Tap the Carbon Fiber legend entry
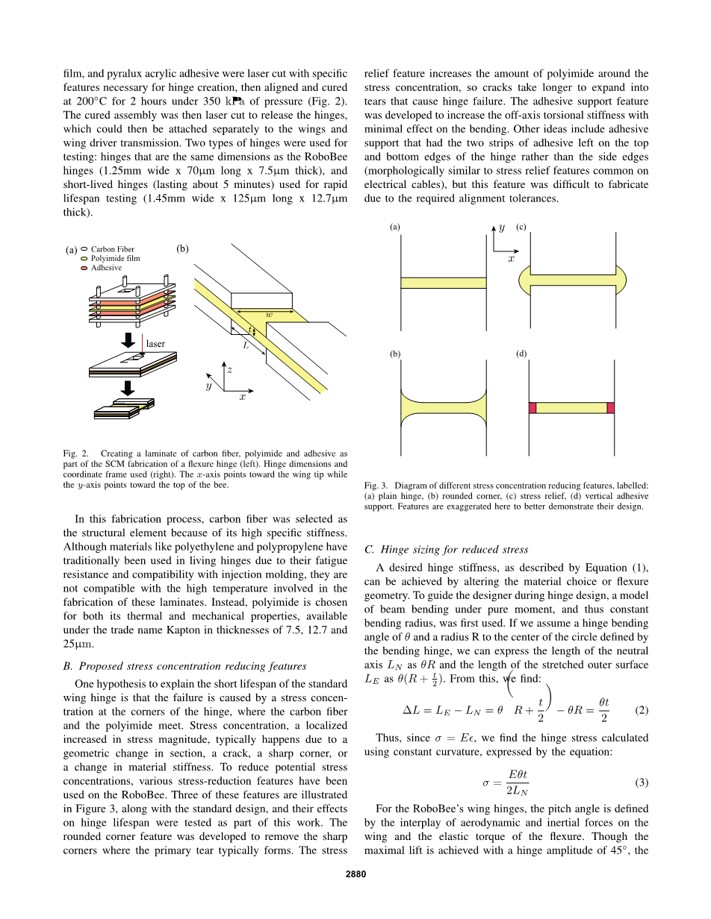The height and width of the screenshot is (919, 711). (x=112, y=249)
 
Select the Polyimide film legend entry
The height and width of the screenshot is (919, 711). (x=115, y=258)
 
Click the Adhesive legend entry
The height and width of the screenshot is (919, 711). (x=106, y=267)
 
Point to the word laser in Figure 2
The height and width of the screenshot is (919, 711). (x=155, y=344)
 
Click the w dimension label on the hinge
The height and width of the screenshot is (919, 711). (x=269, y=315)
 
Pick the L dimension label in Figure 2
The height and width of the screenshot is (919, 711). (x=244, y=346)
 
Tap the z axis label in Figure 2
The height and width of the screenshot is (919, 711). (x=229, y=369)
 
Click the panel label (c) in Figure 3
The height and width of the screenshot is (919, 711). (x=521, y=227)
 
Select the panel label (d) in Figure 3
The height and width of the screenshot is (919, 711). (x=521, y=354)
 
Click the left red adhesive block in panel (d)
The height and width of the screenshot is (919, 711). (x=533, y=408)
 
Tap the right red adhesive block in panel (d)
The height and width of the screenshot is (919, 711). (x=610, y=408)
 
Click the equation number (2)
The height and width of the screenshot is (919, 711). (x=641, y=710)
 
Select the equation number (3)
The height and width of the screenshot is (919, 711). (x=641, y=782)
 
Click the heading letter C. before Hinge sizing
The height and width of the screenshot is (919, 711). (x=369, y=550)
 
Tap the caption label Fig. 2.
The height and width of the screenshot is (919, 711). (x=76, y=453)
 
